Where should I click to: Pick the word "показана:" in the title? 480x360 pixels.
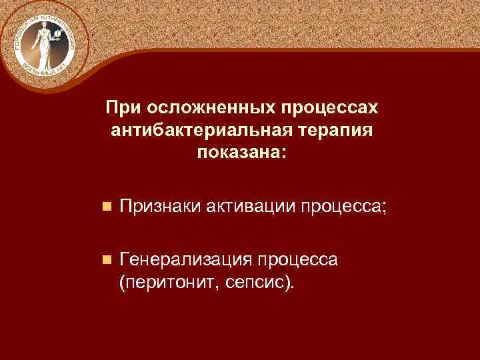243,153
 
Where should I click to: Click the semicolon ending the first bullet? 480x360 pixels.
383,209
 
